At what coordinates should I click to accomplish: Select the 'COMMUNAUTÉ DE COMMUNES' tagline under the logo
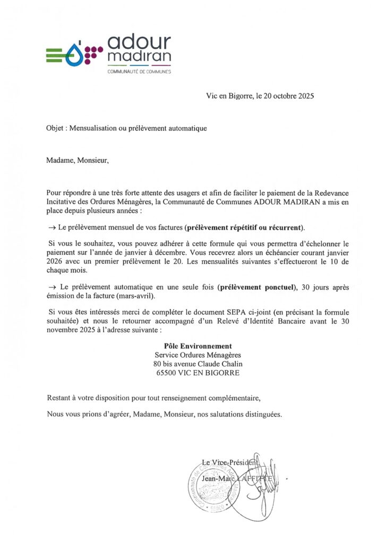[x=139, y=72]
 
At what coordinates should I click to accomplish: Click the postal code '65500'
[x=166, y=373]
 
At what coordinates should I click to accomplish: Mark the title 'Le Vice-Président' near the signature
[x=230, y=462]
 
